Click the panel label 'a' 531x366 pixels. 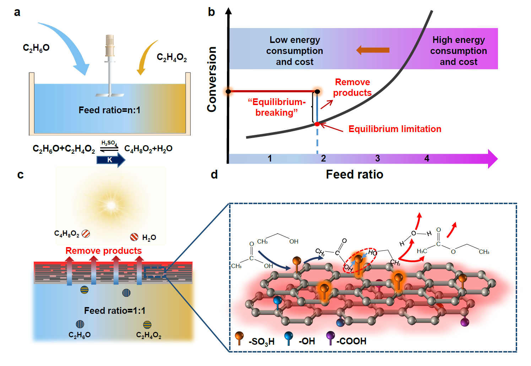click(x=17, y=12)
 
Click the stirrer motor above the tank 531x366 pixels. click(x=110, y=46)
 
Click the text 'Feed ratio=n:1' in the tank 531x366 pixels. click(x=109, y=110)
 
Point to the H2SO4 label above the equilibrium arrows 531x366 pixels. click(x=109, y=143)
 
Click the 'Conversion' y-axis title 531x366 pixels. click(x=212, y=79)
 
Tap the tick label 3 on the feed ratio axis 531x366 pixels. click(x=378, y=158)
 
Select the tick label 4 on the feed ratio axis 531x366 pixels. click(x=427, y=158)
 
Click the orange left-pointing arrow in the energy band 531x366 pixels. click(x=373, y=50)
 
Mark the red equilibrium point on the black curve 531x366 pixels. click(x=317, y=124)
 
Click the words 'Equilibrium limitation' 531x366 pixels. click(x=395, y=129)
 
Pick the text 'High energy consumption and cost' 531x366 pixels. click(x=458, y=51)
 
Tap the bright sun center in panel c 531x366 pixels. click(x=111, y=205)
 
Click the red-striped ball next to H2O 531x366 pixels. click(x=134, y=237)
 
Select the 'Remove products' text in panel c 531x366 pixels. click(x=103, y=251)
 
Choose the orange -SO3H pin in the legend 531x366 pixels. click(x=239, y=338)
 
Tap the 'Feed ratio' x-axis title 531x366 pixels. click(x=354, y=174)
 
